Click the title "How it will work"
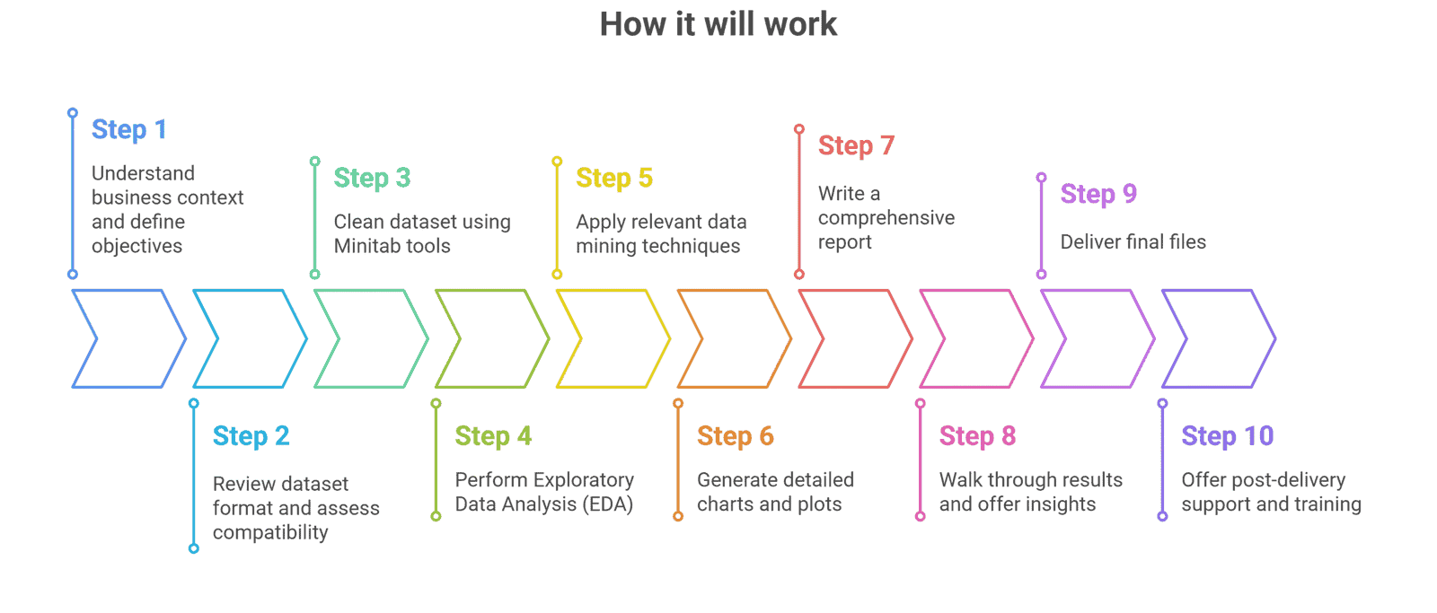coord(718,24)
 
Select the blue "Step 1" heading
coord(129,129)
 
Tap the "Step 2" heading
coord(251,436)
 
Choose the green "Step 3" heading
coord(372,178)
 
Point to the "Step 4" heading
coord(493,436)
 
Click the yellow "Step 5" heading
coord(614,178)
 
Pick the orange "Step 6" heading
coord(735,436)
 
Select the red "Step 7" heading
coord(856,145)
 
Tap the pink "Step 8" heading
coord(977,436)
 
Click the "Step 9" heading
coord(1098,194)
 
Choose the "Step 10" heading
coord(1227,436)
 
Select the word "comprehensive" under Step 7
coord(886,218)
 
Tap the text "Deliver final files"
coord(1133,242)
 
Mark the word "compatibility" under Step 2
coord(270,532)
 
